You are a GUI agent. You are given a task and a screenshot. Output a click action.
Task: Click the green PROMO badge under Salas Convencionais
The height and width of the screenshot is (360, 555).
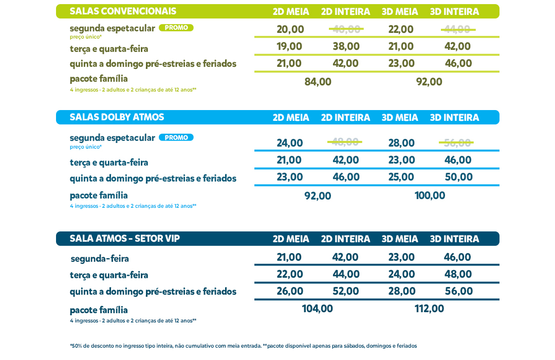tap(176, 28)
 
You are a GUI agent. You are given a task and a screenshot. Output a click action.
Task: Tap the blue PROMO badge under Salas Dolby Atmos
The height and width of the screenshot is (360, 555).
tap(176, 137)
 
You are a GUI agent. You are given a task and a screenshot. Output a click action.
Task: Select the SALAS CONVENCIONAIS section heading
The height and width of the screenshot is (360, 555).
tap(123, 11)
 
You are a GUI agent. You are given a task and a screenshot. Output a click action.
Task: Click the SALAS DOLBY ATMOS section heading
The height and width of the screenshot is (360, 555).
tap(117, 117)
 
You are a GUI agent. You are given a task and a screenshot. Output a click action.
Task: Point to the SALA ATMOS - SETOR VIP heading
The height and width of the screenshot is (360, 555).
tap(125, 239)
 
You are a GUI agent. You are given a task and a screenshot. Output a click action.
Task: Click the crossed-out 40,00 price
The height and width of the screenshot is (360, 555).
tap(346, 29)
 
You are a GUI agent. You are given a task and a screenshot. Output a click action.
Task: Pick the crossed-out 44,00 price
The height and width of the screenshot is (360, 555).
tap(457, 29)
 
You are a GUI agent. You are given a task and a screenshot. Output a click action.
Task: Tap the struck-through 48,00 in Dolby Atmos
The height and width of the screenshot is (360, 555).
tap(345, 142)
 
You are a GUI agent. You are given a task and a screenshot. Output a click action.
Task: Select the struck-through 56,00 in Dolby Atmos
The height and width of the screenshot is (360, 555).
tap(456, 142)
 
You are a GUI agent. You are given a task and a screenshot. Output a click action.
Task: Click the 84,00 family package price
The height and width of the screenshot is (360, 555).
tap(318, 82)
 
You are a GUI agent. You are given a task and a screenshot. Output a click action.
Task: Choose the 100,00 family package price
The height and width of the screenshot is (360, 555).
tap(430, 195)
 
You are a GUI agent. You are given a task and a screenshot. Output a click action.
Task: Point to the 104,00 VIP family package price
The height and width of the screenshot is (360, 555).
tap(317, 309)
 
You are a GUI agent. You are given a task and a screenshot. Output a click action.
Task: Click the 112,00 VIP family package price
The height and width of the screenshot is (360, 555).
tap(429, 309)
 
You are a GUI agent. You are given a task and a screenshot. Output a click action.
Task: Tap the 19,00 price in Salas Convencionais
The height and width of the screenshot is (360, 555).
tap(289, 46)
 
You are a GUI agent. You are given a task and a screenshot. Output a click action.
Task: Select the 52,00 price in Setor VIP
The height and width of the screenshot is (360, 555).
tap(346, 291)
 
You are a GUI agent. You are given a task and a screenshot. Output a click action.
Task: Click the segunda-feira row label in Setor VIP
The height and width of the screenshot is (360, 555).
tap(100, 259)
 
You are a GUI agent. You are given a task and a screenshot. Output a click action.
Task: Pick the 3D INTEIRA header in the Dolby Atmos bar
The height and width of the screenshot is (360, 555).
tap(454, 118)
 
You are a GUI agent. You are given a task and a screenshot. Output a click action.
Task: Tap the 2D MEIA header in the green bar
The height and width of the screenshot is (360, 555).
tap(291, 12)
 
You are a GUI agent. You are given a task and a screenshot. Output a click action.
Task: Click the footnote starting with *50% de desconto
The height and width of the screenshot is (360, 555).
tap(243, 346)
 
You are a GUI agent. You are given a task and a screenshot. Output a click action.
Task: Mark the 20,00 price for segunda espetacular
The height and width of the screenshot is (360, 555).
tap(290, 29)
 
